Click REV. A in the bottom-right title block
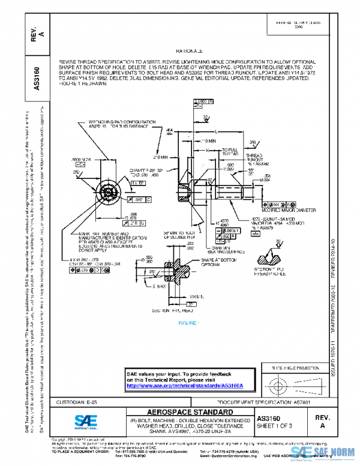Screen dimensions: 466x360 323,421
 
